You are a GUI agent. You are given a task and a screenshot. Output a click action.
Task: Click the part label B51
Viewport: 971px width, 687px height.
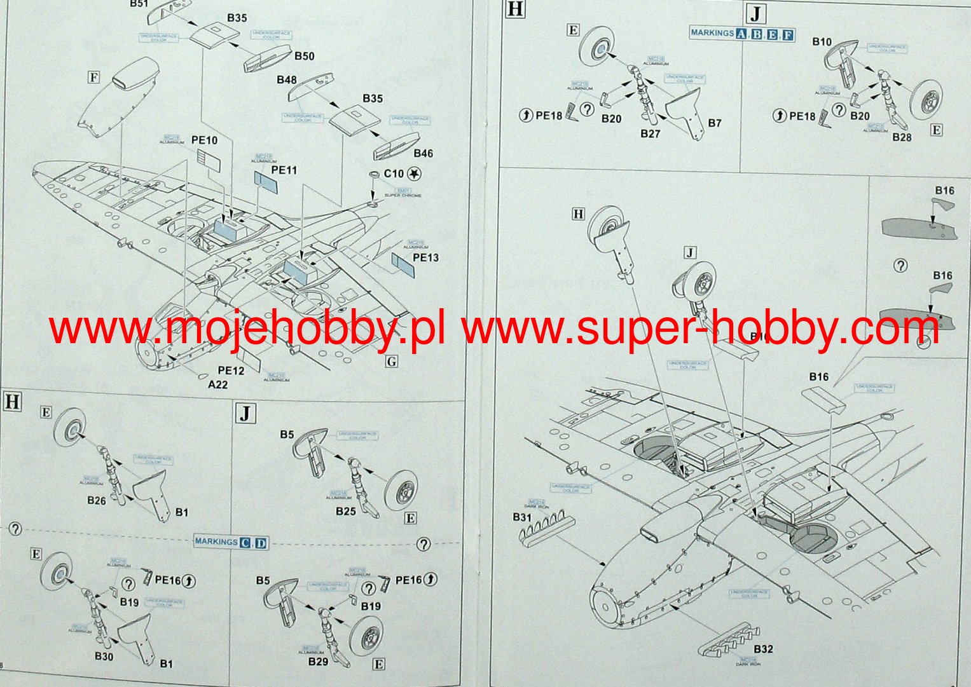pos(139,4)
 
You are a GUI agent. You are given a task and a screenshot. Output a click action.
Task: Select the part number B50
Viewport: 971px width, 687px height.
pos(304,56)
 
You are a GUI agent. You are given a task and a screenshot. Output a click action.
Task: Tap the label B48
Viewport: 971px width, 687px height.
pos(286,80)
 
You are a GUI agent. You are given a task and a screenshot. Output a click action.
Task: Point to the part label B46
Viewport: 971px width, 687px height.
pos(423,153)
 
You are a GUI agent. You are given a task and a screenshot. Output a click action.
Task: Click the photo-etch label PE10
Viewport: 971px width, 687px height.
pos(203,140)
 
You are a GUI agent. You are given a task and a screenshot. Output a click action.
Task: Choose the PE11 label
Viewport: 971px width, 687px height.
pos(284,170)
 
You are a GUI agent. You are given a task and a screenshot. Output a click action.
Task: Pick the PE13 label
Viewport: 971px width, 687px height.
pos(425,257)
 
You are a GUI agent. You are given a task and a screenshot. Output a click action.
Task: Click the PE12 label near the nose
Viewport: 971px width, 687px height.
pos(231,371)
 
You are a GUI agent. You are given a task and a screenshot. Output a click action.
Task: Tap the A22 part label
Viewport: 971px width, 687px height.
pos(217,384)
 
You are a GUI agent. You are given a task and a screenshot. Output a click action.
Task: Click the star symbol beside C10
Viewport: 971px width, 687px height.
pos(415,173)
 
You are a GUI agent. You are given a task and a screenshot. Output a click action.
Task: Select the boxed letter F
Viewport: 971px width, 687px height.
pos(94,78)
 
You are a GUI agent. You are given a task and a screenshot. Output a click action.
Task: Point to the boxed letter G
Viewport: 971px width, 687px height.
pos(392,362)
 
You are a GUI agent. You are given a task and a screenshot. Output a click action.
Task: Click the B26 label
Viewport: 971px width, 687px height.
pos(97,501)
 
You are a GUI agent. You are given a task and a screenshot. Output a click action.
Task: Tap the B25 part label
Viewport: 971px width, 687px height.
pos(346,511)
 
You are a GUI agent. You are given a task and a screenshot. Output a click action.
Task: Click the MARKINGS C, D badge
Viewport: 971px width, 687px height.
pos(231,542)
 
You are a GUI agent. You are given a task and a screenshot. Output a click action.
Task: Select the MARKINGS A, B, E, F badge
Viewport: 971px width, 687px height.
pos(742,34)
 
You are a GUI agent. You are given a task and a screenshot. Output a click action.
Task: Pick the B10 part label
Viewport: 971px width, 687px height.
pos(822,42)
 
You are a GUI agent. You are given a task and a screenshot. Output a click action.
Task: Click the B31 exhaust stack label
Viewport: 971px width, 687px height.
pos(521,517)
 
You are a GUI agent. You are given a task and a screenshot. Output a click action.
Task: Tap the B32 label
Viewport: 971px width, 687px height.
pos(763,649)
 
